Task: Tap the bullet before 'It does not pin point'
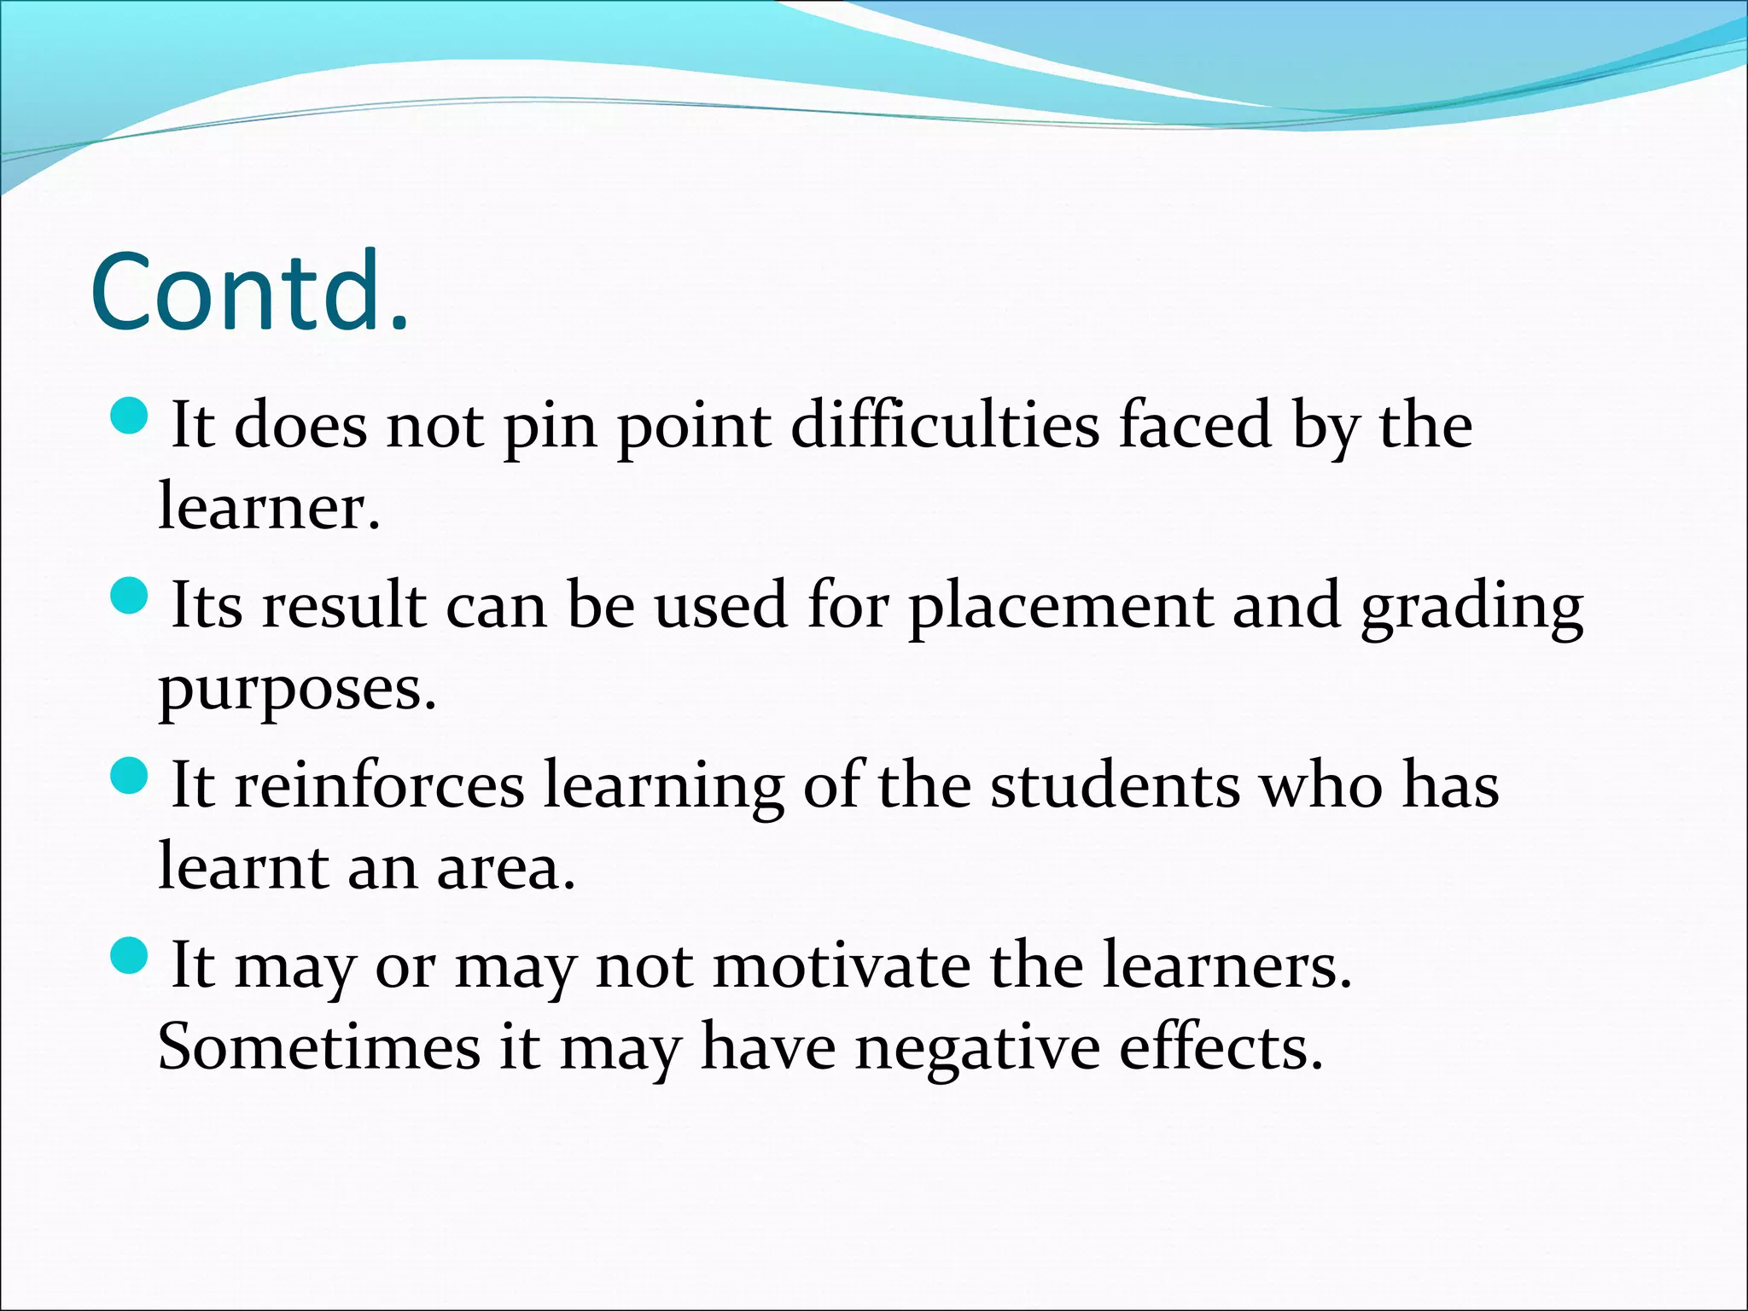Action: (x=130, y=416)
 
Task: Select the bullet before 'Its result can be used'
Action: (x=130, y=595)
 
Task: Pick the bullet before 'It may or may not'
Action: (x=130, y=955)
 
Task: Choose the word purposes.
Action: (x=297, y=690)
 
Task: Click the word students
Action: (x=1115, y=785)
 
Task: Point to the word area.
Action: (x=506, y=868)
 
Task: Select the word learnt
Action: (x=243, y=868)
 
